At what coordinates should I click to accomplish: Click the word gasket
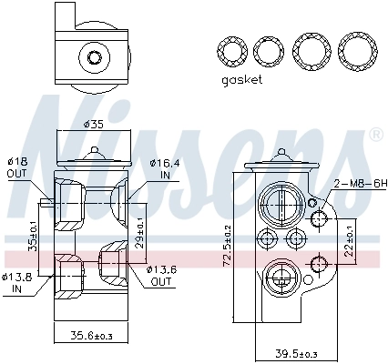pos(241,80)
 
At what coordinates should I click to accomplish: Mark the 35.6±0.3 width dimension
pos(93,337)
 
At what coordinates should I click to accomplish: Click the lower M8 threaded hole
pos(318,264)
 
